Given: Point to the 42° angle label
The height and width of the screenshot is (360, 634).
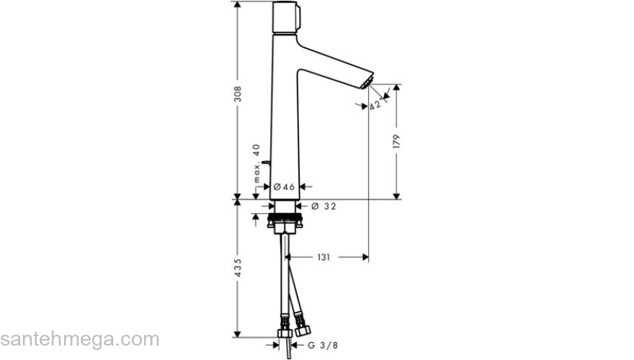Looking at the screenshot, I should point(375,105).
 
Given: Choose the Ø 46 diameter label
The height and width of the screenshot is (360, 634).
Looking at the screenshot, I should point(285,187).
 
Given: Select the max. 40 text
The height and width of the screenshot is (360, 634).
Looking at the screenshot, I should point(256,161).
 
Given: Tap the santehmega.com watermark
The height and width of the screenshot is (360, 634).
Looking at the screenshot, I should point(79,339).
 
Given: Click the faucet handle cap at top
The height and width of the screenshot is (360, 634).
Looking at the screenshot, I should point(286,17).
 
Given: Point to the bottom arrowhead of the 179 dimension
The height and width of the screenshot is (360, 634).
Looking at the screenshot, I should point(396,195).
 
